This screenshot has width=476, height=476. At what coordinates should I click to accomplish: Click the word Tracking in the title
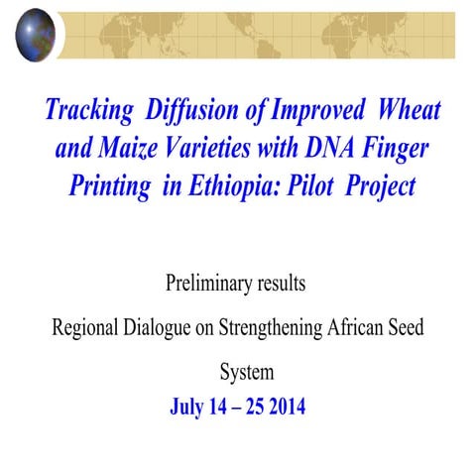point(87,110)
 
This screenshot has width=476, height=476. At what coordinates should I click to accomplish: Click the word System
point(246,373)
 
